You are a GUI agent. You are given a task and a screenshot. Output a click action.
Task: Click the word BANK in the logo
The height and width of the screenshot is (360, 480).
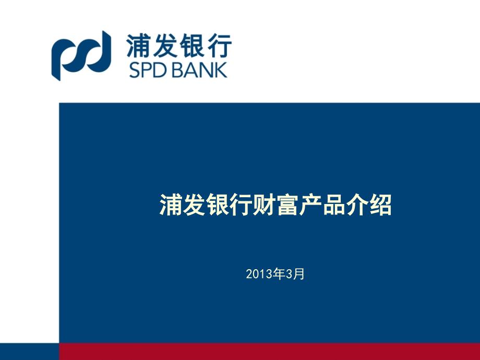coord(201,70)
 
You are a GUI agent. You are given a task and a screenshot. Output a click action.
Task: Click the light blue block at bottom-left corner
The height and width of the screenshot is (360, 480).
coord(29,352)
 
